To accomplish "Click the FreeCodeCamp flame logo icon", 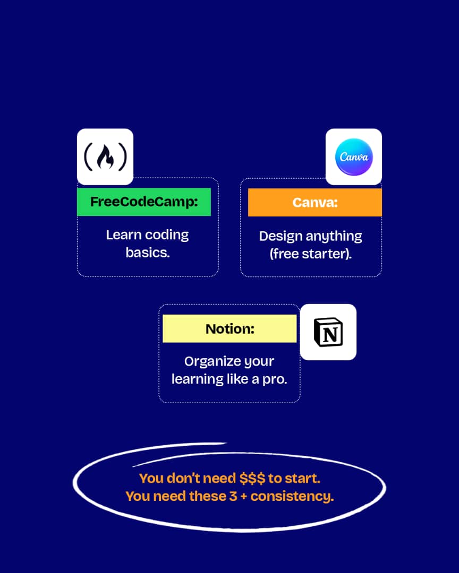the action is click(x=105, y=157).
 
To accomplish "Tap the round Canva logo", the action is click(x=354, y=157).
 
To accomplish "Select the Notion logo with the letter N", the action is click(x=328, y=332).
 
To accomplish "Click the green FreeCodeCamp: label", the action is click(x=144, y=202).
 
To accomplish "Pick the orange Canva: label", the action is click(x=315, y=202).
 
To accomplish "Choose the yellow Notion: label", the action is click(x=229, y=328).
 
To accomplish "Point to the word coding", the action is click(x=167, y=235).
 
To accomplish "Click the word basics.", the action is click(x=148, y=253).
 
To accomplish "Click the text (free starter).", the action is click(x=311, y=254).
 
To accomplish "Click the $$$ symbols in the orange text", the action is click(x=252, y=478).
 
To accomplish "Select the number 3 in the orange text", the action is click(x=235, y=496).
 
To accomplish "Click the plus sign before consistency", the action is click(x=245, y=497).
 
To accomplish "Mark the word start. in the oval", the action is click(x=303, y=478).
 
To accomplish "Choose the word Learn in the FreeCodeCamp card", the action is click(x=123, y=235).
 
